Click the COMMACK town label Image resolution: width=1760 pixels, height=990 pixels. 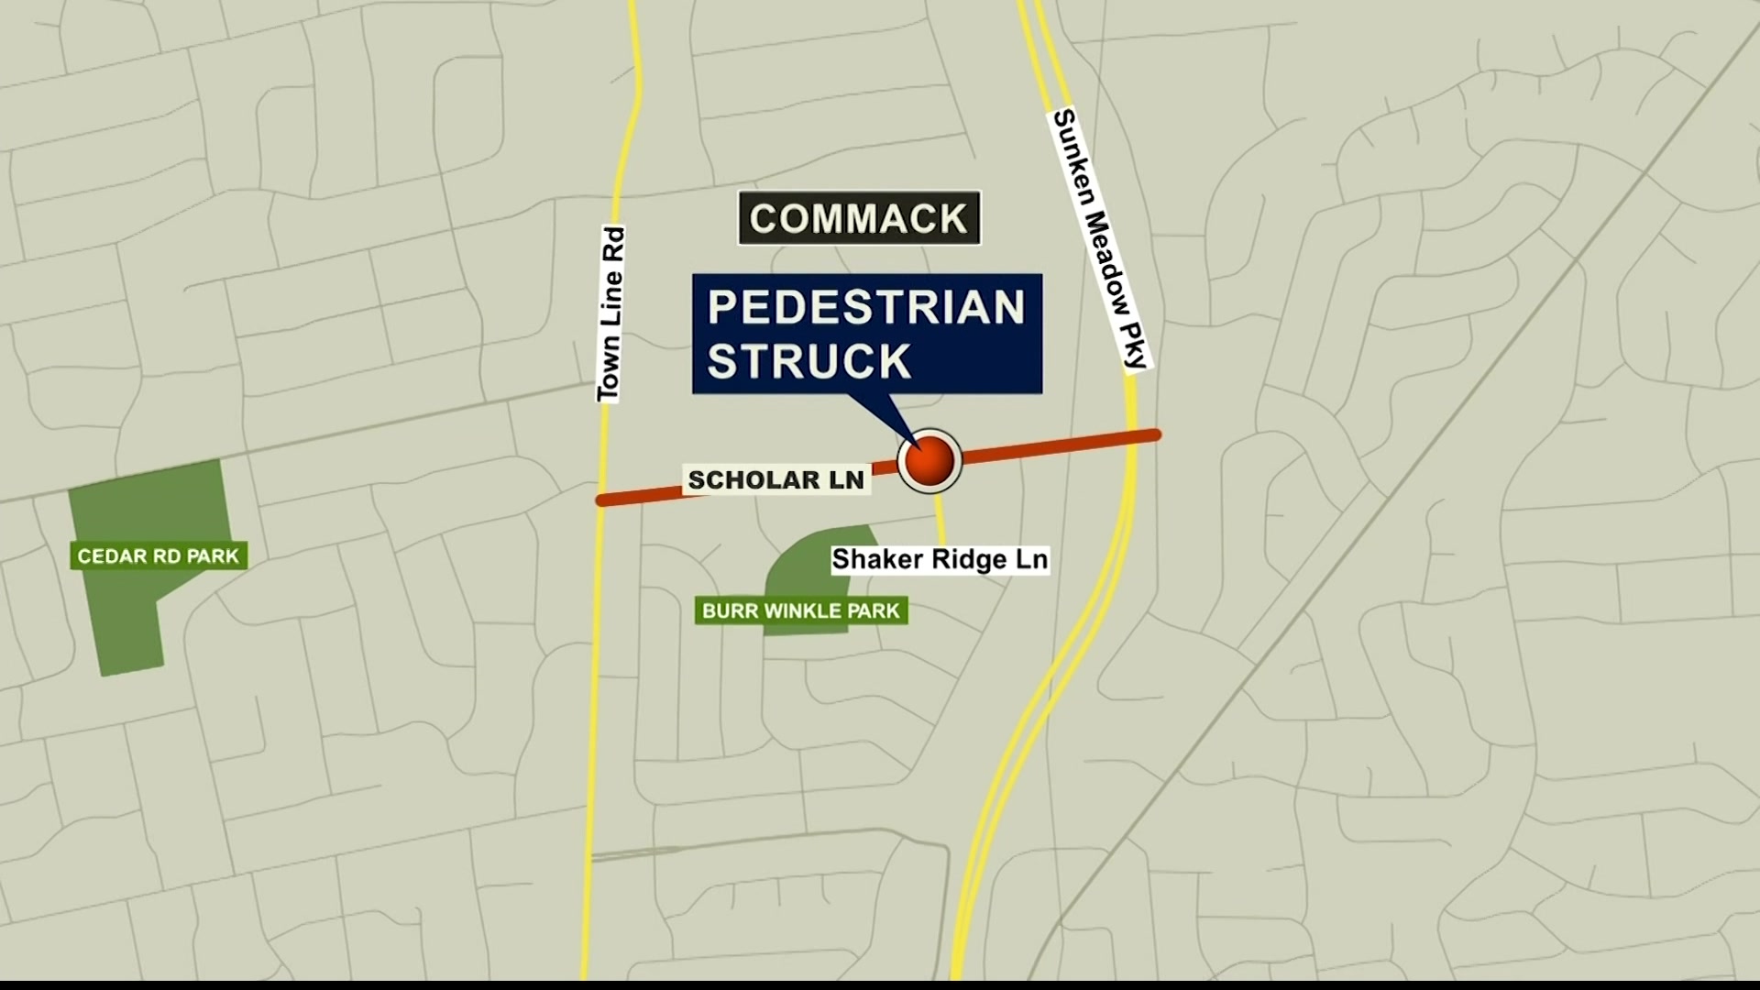point(859,218)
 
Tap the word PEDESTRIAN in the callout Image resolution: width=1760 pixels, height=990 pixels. point(866,307)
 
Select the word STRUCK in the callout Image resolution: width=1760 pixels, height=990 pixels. point(809,360)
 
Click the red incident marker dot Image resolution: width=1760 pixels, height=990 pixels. point(929,461)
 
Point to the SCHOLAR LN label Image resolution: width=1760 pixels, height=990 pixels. point(775,479)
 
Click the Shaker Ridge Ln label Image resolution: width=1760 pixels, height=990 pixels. point(940,559)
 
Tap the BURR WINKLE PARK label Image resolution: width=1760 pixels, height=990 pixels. point(801,610)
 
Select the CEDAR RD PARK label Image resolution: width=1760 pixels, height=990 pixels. point(158,555)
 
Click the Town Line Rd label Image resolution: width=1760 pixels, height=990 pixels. point(610,314)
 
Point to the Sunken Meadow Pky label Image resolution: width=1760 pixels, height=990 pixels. point(1100,238)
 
